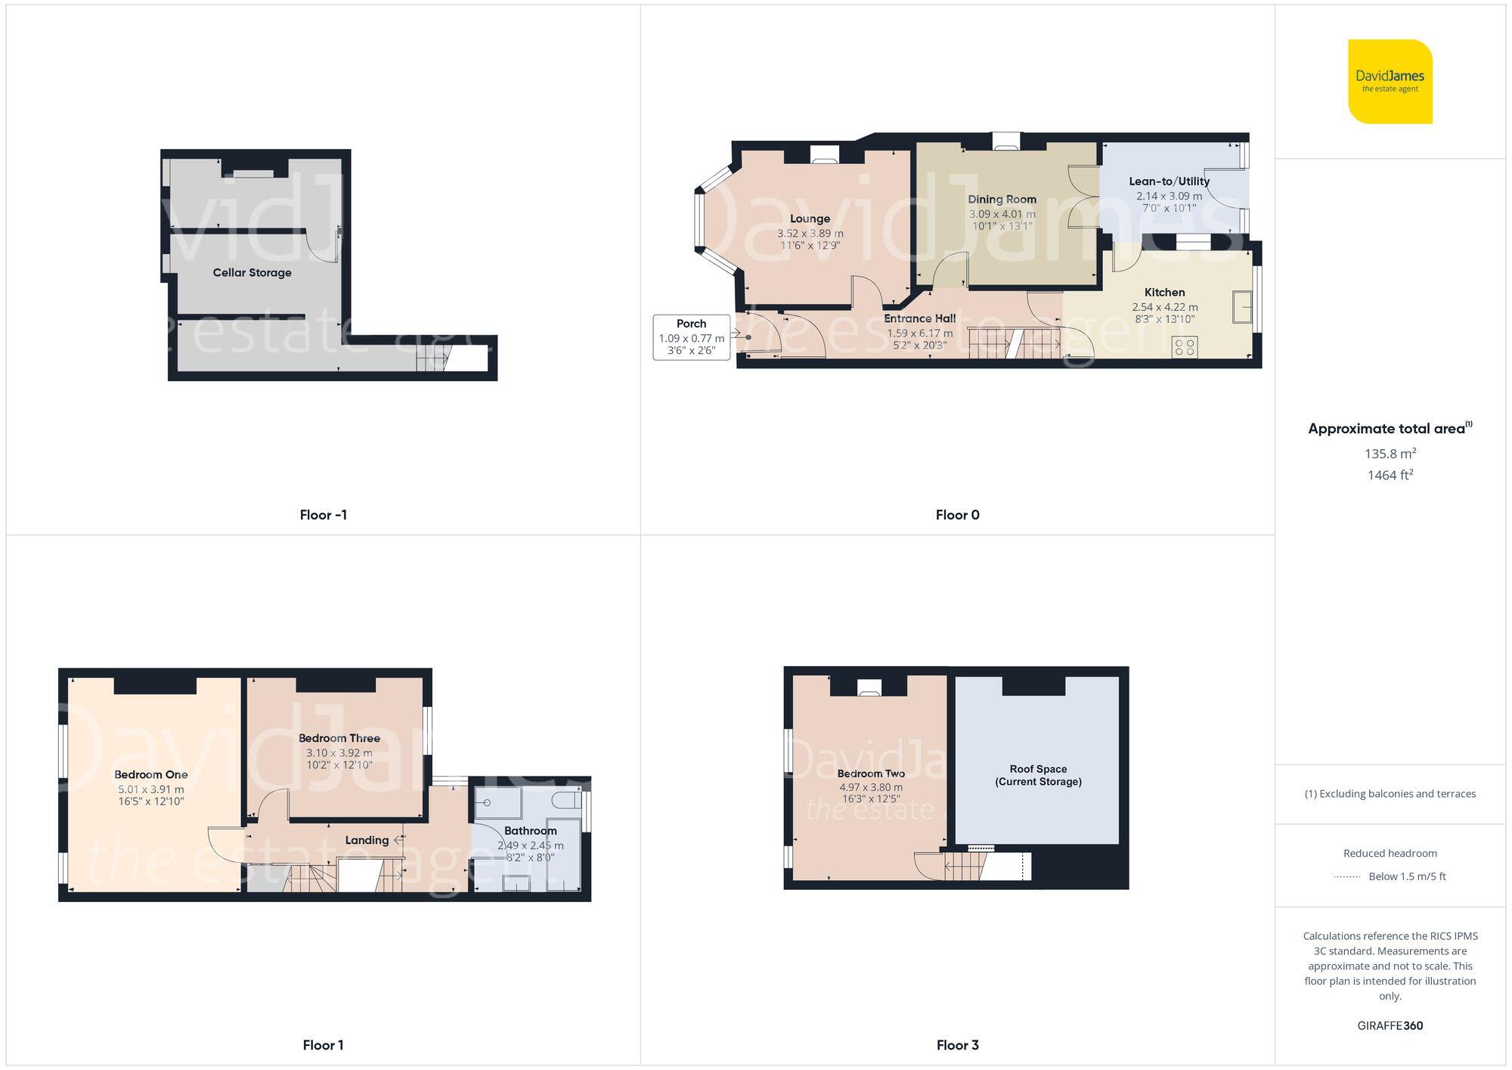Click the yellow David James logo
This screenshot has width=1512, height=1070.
pyautogui.click(x=1390, y=82)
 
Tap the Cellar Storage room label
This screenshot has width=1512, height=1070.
pyautogui.click(x=252, y=272)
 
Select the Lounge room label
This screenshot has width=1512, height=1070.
pyautogui.click(x=810, y=219)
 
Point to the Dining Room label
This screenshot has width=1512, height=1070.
pyautogui.click(x=1002, y=200)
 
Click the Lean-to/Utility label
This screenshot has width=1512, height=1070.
pyautogui.click(x=1169, y=181)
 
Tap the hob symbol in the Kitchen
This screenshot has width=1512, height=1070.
pyautogui.click(x=1185, y=347)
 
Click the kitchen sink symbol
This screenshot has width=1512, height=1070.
pyautogui.click(x=1241, y=306)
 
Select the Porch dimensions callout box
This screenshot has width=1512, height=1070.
pyautogui.click(x=691, y=337)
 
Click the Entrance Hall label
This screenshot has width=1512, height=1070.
pyautogui.click(x=919, y=318)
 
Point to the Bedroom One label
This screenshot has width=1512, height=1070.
pyautogui.click(x=150, y=774)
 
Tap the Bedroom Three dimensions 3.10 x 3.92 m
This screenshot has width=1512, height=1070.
pyautogui.click(x=339, y=753)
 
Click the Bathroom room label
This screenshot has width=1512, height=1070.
pyautogui.click(x=530, y=831)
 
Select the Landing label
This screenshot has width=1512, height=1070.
pyautogui.click(x=367, y=840)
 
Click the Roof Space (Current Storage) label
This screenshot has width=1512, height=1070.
pyautogui.click(x=1037, y=775)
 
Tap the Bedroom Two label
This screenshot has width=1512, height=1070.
pyautogui.click(x=870, y=774)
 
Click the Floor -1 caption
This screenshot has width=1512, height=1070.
pyautogui.click(x=323, y=515)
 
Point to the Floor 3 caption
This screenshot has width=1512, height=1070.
pyautogui.click(x=957, y=1045)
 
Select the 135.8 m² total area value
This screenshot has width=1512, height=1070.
pyautogui.click(x=1390, y=454)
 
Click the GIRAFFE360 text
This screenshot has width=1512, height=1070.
pyautogui.click(x=1390, y=1025)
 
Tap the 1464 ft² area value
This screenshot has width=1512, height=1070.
pyautogui.click(x=1390, y=475)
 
